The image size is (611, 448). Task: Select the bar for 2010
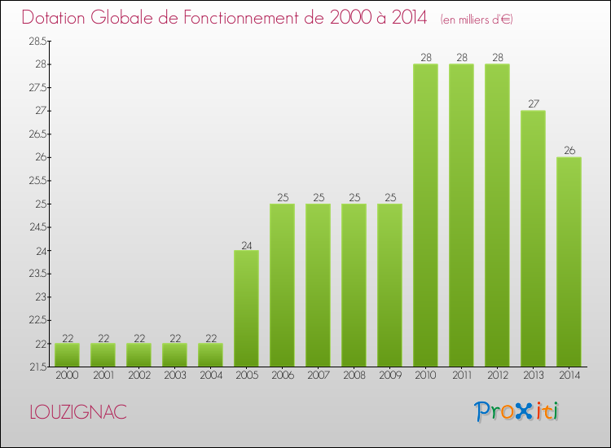pos(425,215)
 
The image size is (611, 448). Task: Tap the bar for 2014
pos(569,261)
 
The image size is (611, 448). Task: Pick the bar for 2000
pos(67,354)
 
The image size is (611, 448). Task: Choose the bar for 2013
pos(533,238)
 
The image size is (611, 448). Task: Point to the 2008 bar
pos(354,285)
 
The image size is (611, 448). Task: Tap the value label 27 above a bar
pos(533,103)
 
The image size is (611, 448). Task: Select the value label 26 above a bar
pos(569,150)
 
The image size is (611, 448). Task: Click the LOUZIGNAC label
pos(77,412)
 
